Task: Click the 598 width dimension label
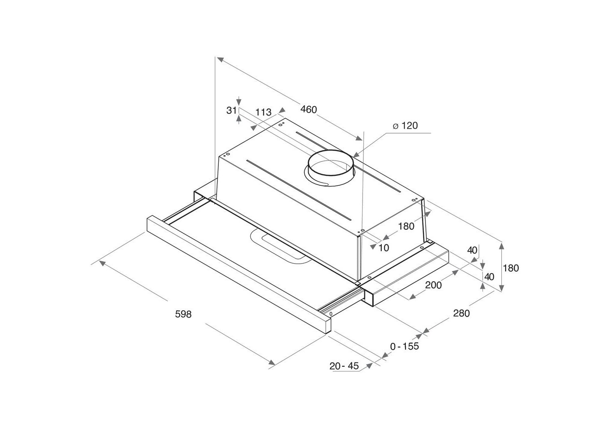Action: (x=183, y=314)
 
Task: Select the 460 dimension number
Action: (x=309, y=110)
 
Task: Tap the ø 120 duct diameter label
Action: (x=405, y=125)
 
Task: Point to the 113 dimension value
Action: (x=263, y=112)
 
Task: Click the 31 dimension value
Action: (x=231, y=110)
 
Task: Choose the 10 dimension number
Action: (x=384, y=248)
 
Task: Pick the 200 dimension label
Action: (x=433, y=285)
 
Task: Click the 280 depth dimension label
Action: (x=461, y=313)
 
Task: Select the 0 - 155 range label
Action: (x=405, y=346)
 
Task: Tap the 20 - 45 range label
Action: (x=344, y=366)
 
